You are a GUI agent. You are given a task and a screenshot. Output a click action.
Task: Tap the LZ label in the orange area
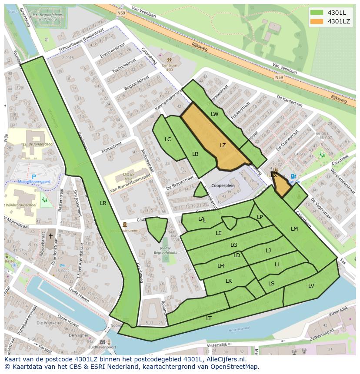pos(223,146)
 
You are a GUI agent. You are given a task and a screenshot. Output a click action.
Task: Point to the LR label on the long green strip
pos(103,203)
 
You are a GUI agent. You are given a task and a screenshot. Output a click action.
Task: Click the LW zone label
pos(215,114)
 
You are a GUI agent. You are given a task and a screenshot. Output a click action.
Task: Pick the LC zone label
pos(168,139)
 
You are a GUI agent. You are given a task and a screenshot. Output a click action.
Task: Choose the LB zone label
pos(195,154)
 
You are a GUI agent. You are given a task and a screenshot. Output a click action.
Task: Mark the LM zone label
pos(294,229)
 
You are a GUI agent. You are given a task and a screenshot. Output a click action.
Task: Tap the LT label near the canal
pos(209,318)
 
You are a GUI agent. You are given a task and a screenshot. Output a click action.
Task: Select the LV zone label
pos(311,286)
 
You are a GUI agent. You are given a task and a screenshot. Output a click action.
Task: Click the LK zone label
pos(229,281)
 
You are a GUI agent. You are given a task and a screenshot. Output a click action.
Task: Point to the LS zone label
pos(271,284)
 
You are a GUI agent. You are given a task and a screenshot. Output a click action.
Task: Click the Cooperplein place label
pos(223,185)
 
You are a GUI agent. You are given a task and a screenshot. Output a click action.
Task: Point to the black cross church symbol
pos(50,236)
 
